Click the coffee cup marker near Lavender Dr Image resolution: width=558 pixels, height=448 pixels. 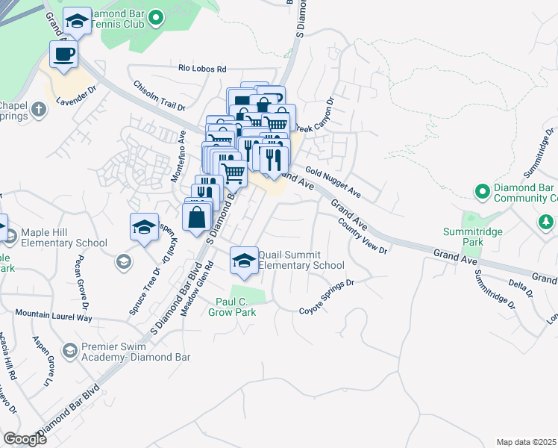pyautogui.click(x=63, y=55)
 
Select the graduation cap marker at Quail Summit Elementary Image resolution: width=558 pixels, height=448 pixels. pyautogui.click(x=243, y=261)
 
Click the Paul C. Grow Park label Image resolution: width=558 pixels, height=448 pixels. pyautogui.click(x=236, y=307)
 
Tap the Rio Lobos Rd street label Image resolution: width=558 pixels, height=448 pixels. pyautogui.click(x=201, y=69)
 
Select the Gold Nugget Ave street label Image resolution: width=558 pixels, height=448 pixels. pyautogui.click(x=333, y=183)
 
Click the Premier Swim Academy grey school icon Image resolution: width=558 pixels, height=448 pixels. pyautogui.click(x=69, y=350)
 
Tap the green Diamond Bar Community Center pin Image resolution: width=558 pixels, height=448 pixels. pyautogui.click(x=483, y=192)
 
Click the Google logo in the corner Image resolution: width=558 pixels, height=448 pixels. pyautogui.click(x=25, y=439)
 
